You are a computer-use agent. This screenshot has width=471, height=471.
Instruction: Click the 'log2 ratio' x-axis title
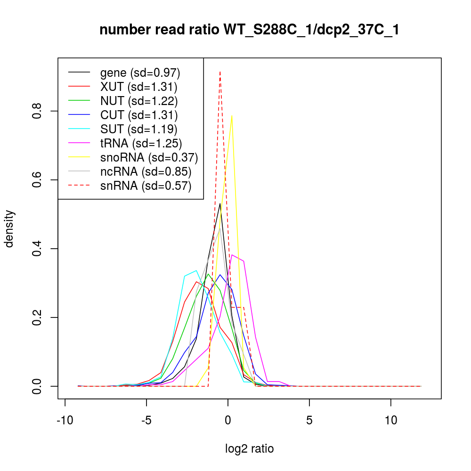tap(250, 449)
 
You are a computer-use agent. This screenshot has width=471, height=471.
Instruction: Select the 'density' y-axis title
tap(9, 228)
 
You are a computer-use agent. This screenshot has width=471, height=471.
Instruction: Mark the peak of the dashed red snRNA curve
tap(220, 72)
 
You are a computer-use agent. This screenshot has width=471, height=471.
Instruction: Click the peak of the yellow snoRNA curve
tap(232, 115)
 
